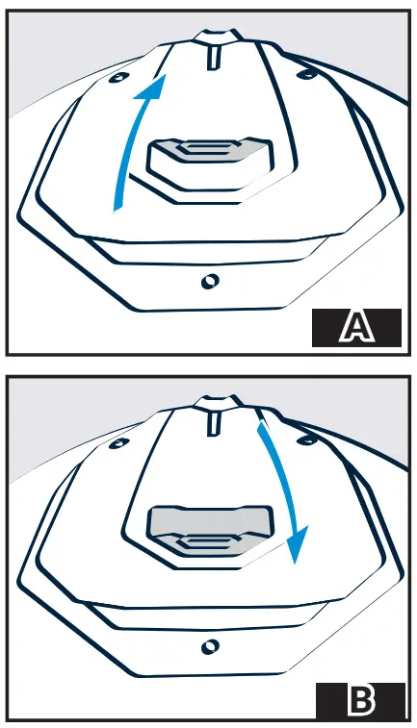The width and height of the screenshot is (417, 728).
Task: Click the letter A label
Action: pos(356,327)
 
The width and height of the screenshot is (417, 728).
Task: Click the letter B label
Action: pos(361,700)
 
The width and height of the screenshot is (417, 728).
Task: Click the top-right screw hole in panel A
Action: pos(306,73)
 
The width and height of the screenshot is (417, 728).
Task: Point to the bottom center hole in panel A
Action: pos(210,281)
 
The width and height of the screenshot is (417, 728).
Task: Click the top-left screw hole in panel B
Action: pos(119,443)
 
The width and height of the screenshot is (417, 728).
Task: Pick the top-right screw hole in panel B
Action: pos(307,439)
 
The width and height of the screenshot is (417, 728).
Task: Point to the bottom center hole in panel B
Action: pos(211,646)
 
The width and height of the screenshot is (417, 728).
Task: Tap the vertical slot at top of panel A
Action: pos(214,57)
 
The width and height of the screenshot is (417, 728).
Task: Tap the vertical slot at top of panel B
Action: pos(214,423)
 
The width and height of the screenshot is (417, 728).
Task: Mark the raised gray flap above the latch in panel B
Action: pos(211,520)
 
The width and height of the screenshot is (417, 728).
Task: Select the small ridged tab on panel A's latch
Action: pos(206,148)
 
